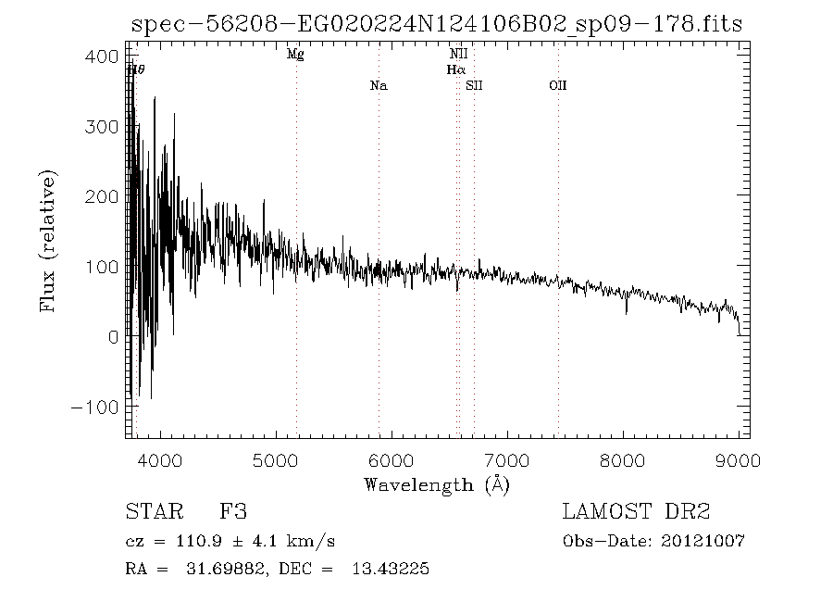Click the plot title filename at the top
tap(437, 24)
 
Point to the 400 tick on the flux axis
tap(108, 56)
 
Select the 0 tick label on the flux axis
tap(113, 337)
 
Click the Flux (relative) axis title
tap(48, 241)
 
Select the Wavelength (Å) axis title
tap(437, 483)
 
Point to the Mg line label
tap(295, 55)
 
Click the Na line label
tap(378, 86)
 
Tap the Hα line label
tap(454, 69)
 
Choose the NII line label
tap(458, 55)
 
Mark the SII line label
tap(474, 86)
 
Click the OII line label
tap(557, 86)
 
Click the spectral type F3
tap(232, 511)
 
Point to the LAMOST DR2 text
tap(636, 511)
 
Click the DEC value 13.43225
tap(389, 570)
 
